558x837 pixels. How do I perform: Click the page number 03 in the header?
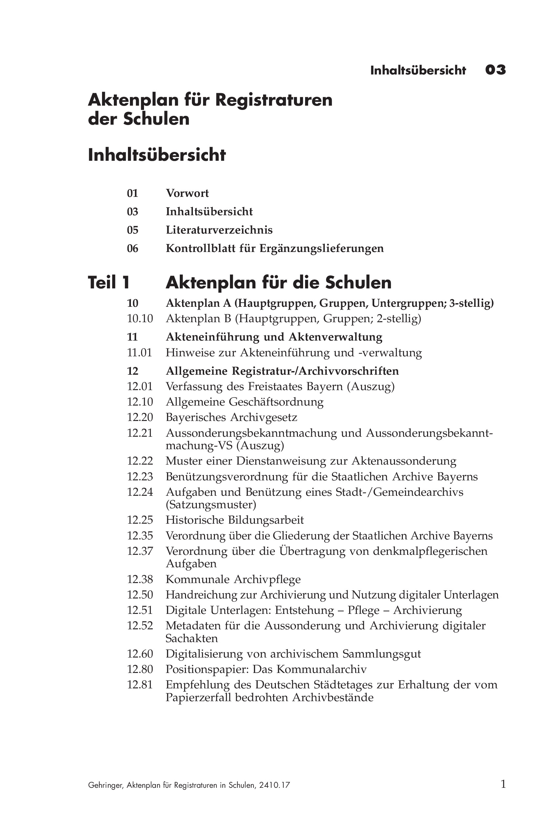[x=495, y=70]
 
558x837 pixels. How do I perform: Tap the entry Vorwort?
[x=187, y=193]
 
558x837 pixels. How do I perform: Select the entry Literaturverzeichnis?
[x=219, y=230]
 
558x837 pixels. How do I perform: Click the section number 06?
[x=133, y=248]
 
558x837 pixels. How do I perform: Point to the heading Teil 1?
[x=109, y=282]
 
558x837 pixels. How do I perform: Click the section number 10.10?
[x=140, y=319]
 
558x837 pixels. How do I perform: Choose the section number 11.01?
[x=139, y=353]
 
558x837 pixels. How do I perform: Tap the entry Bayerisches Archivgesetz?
[x=231, y=417]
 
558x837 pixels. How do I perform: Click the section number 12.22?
[x=140, y=461]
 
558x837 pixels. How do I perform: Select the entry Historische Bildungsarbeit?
[x=235, y=520]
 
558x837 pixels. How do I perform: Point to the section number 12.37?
[x=140, y=551]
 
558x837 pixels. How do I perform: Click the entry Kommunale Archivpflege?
[x=233, y=579]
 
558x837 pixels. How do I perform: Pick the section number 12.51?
[x=140, y=610]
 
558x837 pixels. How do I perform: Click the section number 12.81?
[x=140, y=685]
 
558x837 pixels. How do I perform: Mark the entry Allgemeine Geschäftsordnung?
[x=244, y=402]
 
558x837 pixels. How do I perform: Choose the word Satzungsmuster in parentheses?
[x=211, y=505]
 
